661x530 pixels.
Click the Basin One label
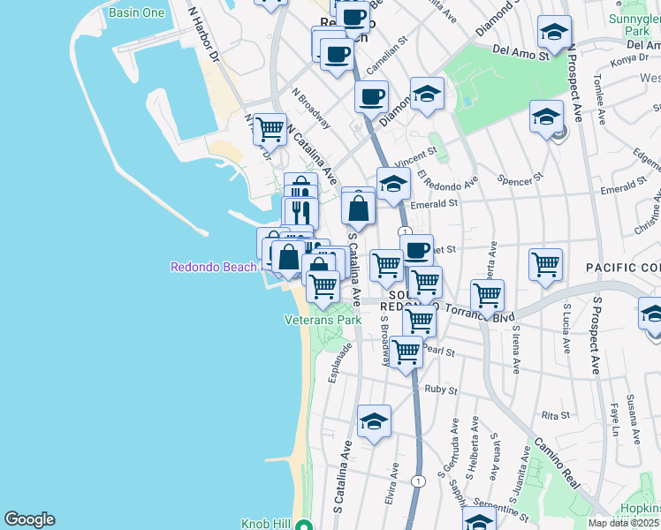(136, 13)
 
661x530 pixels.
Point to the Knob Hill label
(266, 524)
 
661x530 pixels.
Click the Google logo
(29, 519)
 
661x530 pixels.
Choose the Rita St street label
(556, 414)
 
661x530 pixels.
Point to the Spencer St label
(520, 178)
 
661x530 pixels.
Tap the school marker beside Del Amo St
(553, 33)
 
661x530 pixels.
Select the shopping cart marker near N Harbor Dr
(270, 129)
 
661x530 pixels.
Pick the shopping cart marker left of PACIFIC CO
(545, 263)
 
